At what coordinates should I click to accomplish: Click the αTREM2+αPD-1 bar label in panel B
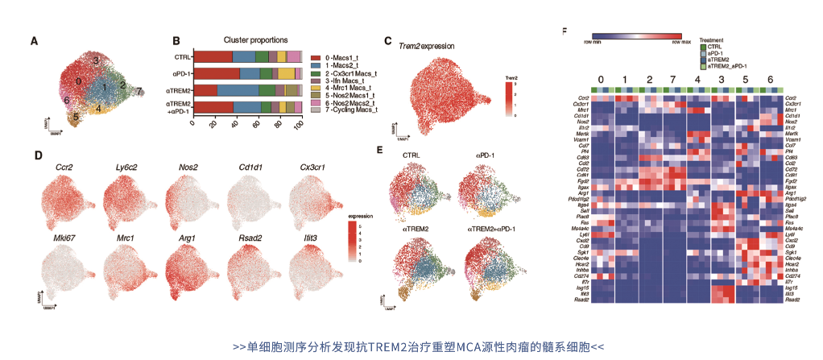[178, 108]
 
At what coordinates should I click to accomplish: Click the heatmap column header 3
[722, 78]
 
